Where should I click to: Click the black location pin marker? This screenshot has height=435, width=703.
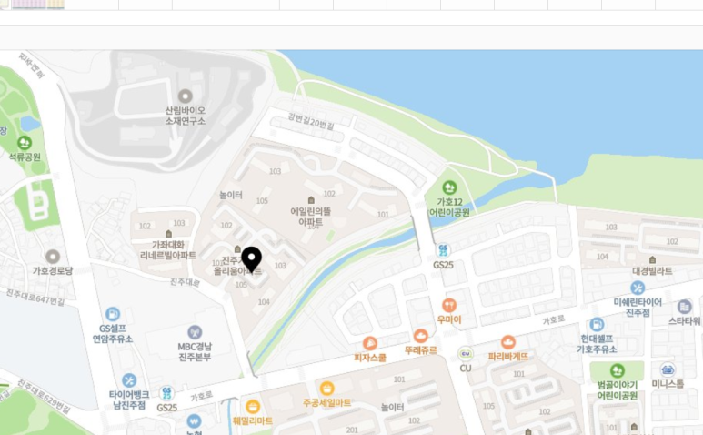[x=250, y=258]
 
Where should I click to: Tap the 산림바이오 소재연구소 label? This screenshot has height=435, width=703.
[x=186, y=115]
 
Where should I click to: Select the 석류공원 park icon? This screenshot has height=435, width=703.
[x=25, y=143]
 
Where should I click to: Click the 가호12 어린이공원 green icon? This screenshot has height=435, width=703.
[x=449, y=187]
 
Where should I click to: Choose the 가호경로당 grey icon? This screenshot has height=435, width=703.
[x=53, y=257]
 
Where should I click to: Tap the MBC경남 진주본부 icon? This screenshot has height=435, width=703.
[x=194, y=333]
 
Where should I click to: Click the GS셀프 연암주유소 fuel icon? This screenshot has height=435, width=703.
[x=113, y=314]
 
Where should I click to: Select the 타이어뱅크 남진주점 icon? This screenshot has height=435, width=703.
[x=128, y=379]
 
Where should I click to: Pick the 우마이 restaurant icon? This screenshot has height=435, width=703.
[x=448, y=306]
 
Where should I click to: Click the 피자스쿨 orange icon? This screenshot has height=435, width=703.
[x=369, y=343]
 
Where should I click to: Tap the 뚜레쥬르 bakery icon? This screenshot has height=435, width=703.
[x=420, y=336]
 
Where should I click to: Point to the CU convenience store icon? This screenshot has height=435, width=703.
[x=466, y=353]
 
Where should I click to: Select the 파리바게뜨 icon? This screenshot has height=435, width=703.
[x=508, y=341]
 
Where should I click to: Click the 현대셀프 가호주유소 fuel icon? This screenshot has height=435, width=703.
[x=597, y=324]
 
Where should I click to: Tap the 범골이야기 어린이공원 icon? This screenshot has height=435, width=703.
[x=617, y=370]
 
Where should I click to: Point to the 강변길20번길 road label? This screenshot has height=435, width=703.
[x=311, y=122]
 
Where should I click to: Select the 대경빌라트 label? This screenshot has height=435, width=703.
[x=651, y=270]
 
